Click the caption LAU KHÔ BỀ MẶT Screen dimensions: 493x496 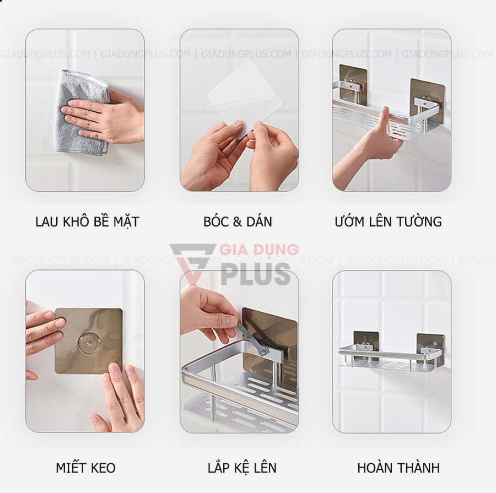pos(87,222)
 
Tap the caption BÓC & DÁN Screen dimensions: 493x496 pos(238,222)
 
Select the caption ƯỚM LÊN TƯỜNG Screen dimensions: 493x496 pos(388,222)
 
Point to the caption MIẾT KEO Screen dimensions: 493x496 pos(85,468)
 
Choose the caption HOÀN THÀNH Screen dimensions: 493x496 pos(398,468)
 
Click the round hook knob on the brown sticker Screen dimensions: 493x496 pos(88,343)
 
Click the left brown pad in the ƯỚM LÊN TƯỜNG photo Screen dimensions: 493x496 pos(353,83)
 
